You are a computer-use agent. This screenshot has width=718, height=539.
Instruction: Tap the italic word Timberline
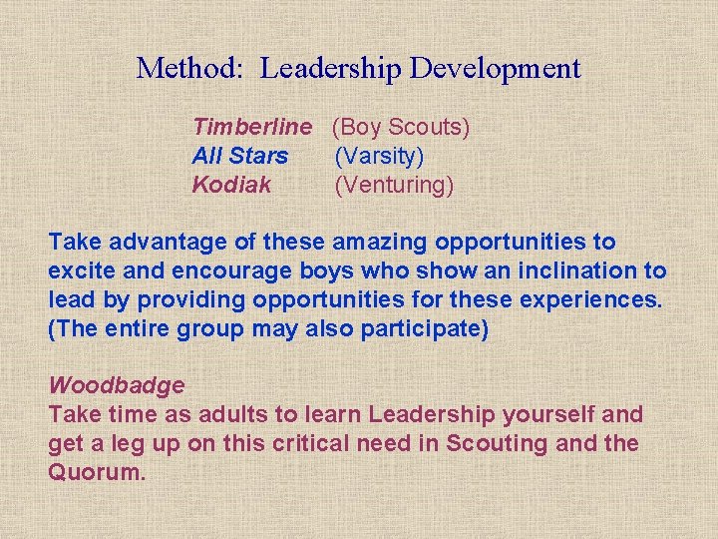[x=252, y=127]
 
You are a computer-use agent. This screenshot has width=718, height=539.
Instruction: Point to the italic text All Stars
[x=240, y=156]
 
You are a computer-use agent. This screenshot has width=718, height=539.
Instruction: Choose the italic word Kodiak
[x=231, y=185]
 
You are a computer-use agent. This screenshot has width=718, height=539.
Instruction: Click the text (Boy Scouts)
[x=401, y=127]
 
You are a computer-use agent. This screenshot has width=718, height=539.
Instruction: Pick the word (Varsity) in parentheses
[x=379, y=156]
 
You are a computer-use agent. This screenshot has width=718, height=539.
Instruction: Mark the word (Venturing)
[x=394, y=185]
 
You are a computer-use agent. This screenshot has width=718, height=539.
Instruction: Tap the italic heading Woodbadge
[x=117, y=385]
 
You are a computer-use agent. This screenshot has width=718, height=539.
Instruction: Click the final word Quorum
[x=97, y=471]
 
